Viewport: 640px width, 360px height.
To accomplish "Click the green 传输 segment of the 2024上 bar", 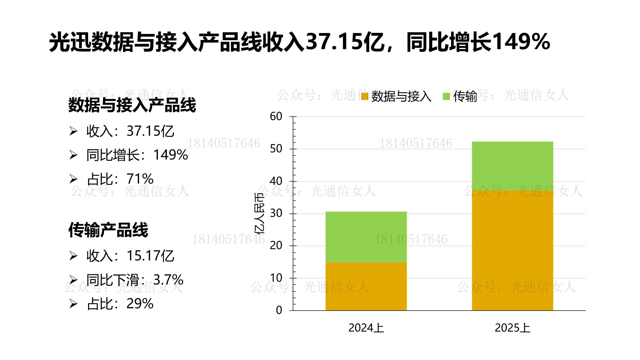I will click(366, 237).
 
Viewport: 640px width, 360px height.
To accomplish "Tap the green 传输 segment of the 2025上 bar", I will click(513, 166).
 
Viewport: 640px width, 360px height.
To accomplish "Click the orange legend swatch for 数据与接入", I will click(365, 97).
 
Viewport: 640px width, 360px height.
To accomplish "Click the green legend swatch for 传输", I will click(446, 97).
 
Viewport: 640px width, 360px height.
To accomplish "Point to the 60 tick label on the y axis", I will click(276, 117).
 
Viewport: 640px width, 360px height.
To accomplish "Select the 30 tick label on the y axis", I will click(276, 213).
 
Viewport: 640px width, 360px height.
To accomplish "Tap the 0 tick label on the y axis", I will click(279, 310).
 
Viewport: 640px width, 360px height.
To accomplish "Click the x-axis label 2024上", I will click(366, 328).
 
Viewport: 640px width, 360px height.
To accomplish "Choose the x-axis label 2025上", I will click(513, 328).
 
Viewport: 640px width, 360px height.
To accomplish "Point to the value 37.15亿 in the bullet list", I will click(150, 131).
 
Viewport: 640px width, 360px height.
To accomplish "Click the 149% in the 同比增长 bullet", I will click(170, 155).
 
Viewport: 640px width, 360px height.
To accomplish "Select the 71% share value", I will click(140, 179).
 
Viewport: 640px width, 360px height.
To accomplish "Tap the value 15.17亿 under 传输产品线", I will click(150, 256).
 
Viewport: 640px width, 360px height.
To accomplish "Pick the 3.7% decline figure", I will click(168, 280).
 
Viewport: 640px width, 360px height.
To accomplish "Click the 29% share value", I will click(140, 304).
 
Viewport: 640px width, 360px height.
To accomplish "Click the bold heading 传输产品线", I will click(108, 230).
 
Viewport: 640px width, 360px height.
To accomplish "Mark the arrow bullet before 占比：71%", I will click(73, 179).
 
